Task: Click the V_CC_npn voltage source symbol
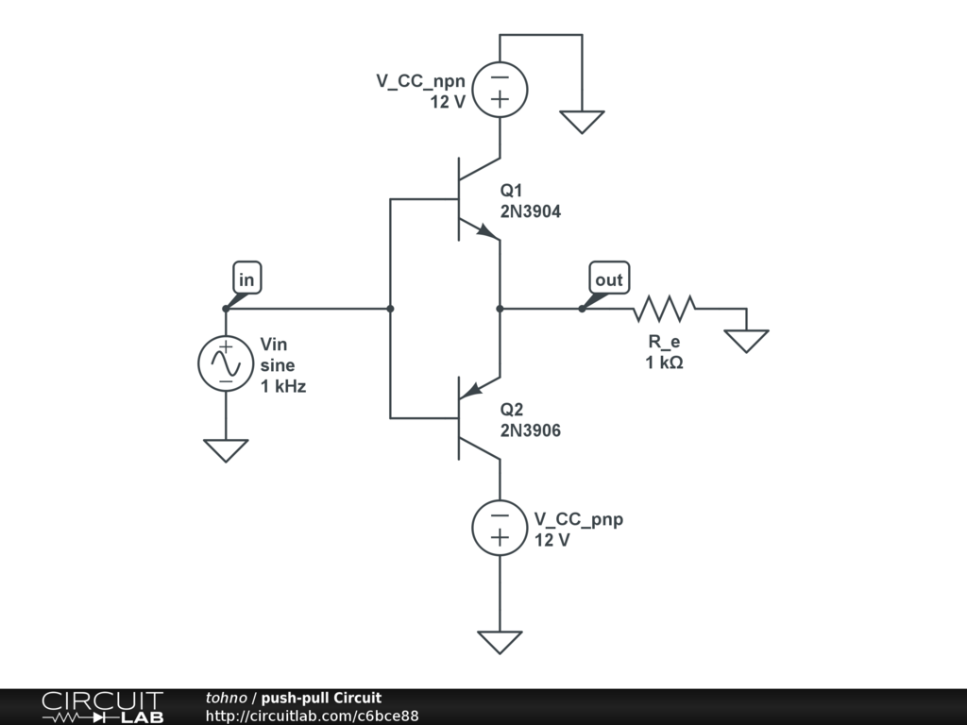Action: tap(500, 90)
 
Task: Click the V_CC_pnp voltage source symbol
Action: tap(500, 528)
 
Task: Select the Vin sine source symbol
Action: tap(226, 363)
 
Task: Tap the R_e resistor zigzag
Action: tap(664, 309)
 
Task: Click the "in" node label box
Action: tap(246, 278)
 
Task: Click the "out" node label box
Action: tap(609, 278)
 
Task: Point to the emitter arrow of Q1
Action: tap(486, 230)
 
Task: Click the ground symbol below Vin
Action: tap(226, 450)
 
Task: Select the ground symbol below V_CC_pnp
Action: tap(500, 642)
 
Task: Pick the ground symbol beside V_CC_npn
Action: tap(582, 122)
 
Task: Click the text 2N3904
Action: tap(531, 211)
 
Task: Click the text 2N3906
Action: tap(531, 430)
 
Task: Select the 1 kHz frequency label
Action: tap(283, 386)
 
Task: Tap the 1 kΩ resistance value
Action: tap(664, 362)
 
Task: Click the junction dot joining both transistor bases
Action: tap(390, 309)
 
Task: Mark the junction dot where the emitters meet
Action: tap(500, 309)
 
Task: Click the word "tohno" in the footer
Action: tap(227, 698)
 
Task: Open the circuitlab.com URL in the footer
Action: tap(312, 716)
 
